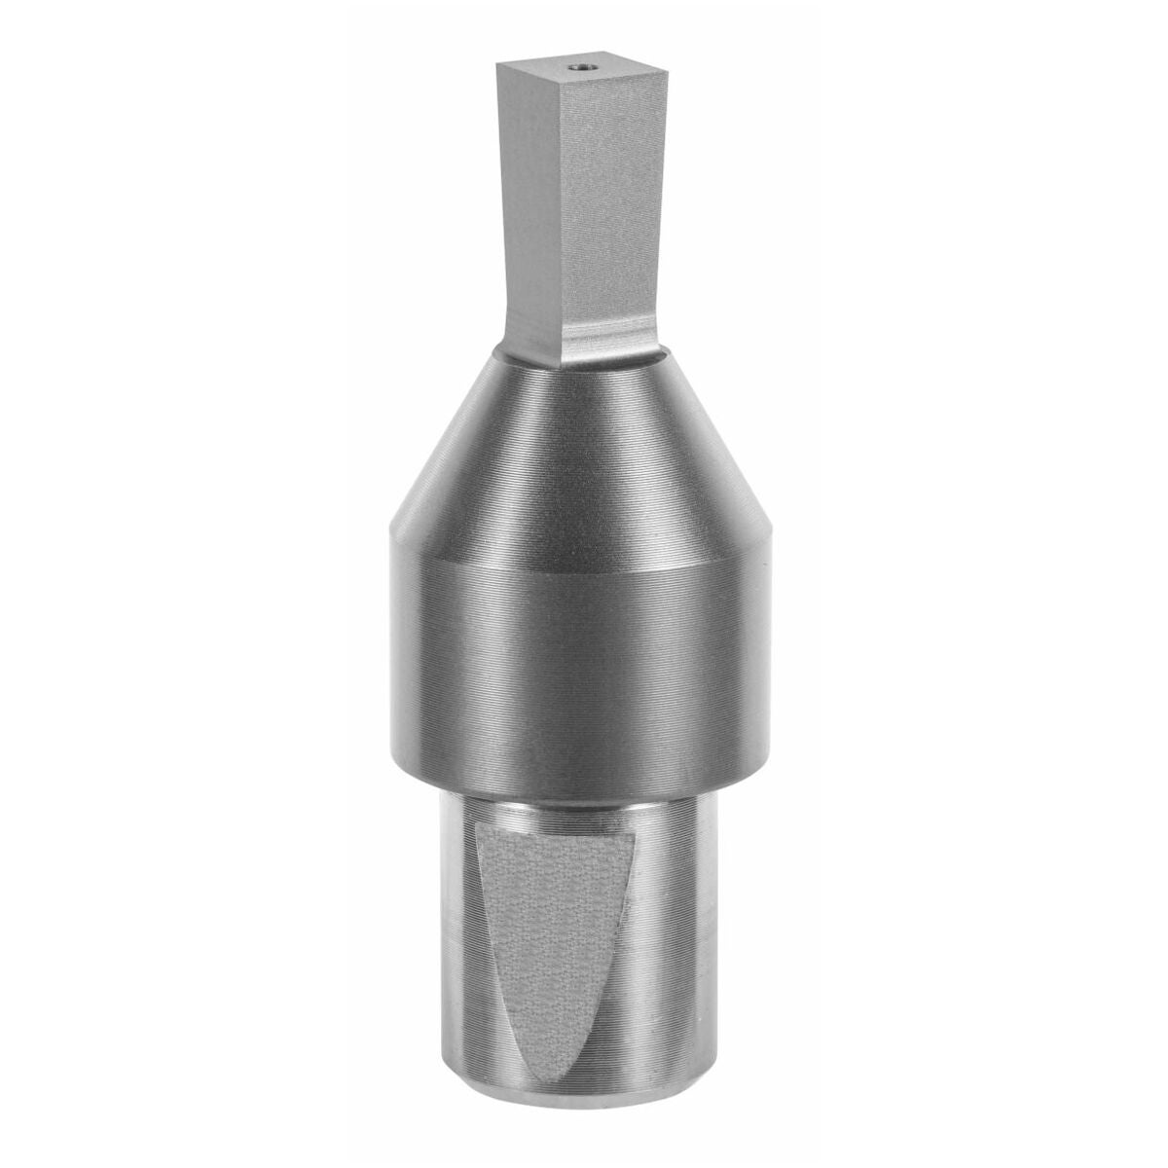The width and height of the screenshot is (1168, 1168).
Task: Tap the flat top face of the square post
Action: pos(545,70)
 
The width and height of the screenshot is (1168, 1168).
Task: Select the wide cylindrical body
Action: pos(584,642)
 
